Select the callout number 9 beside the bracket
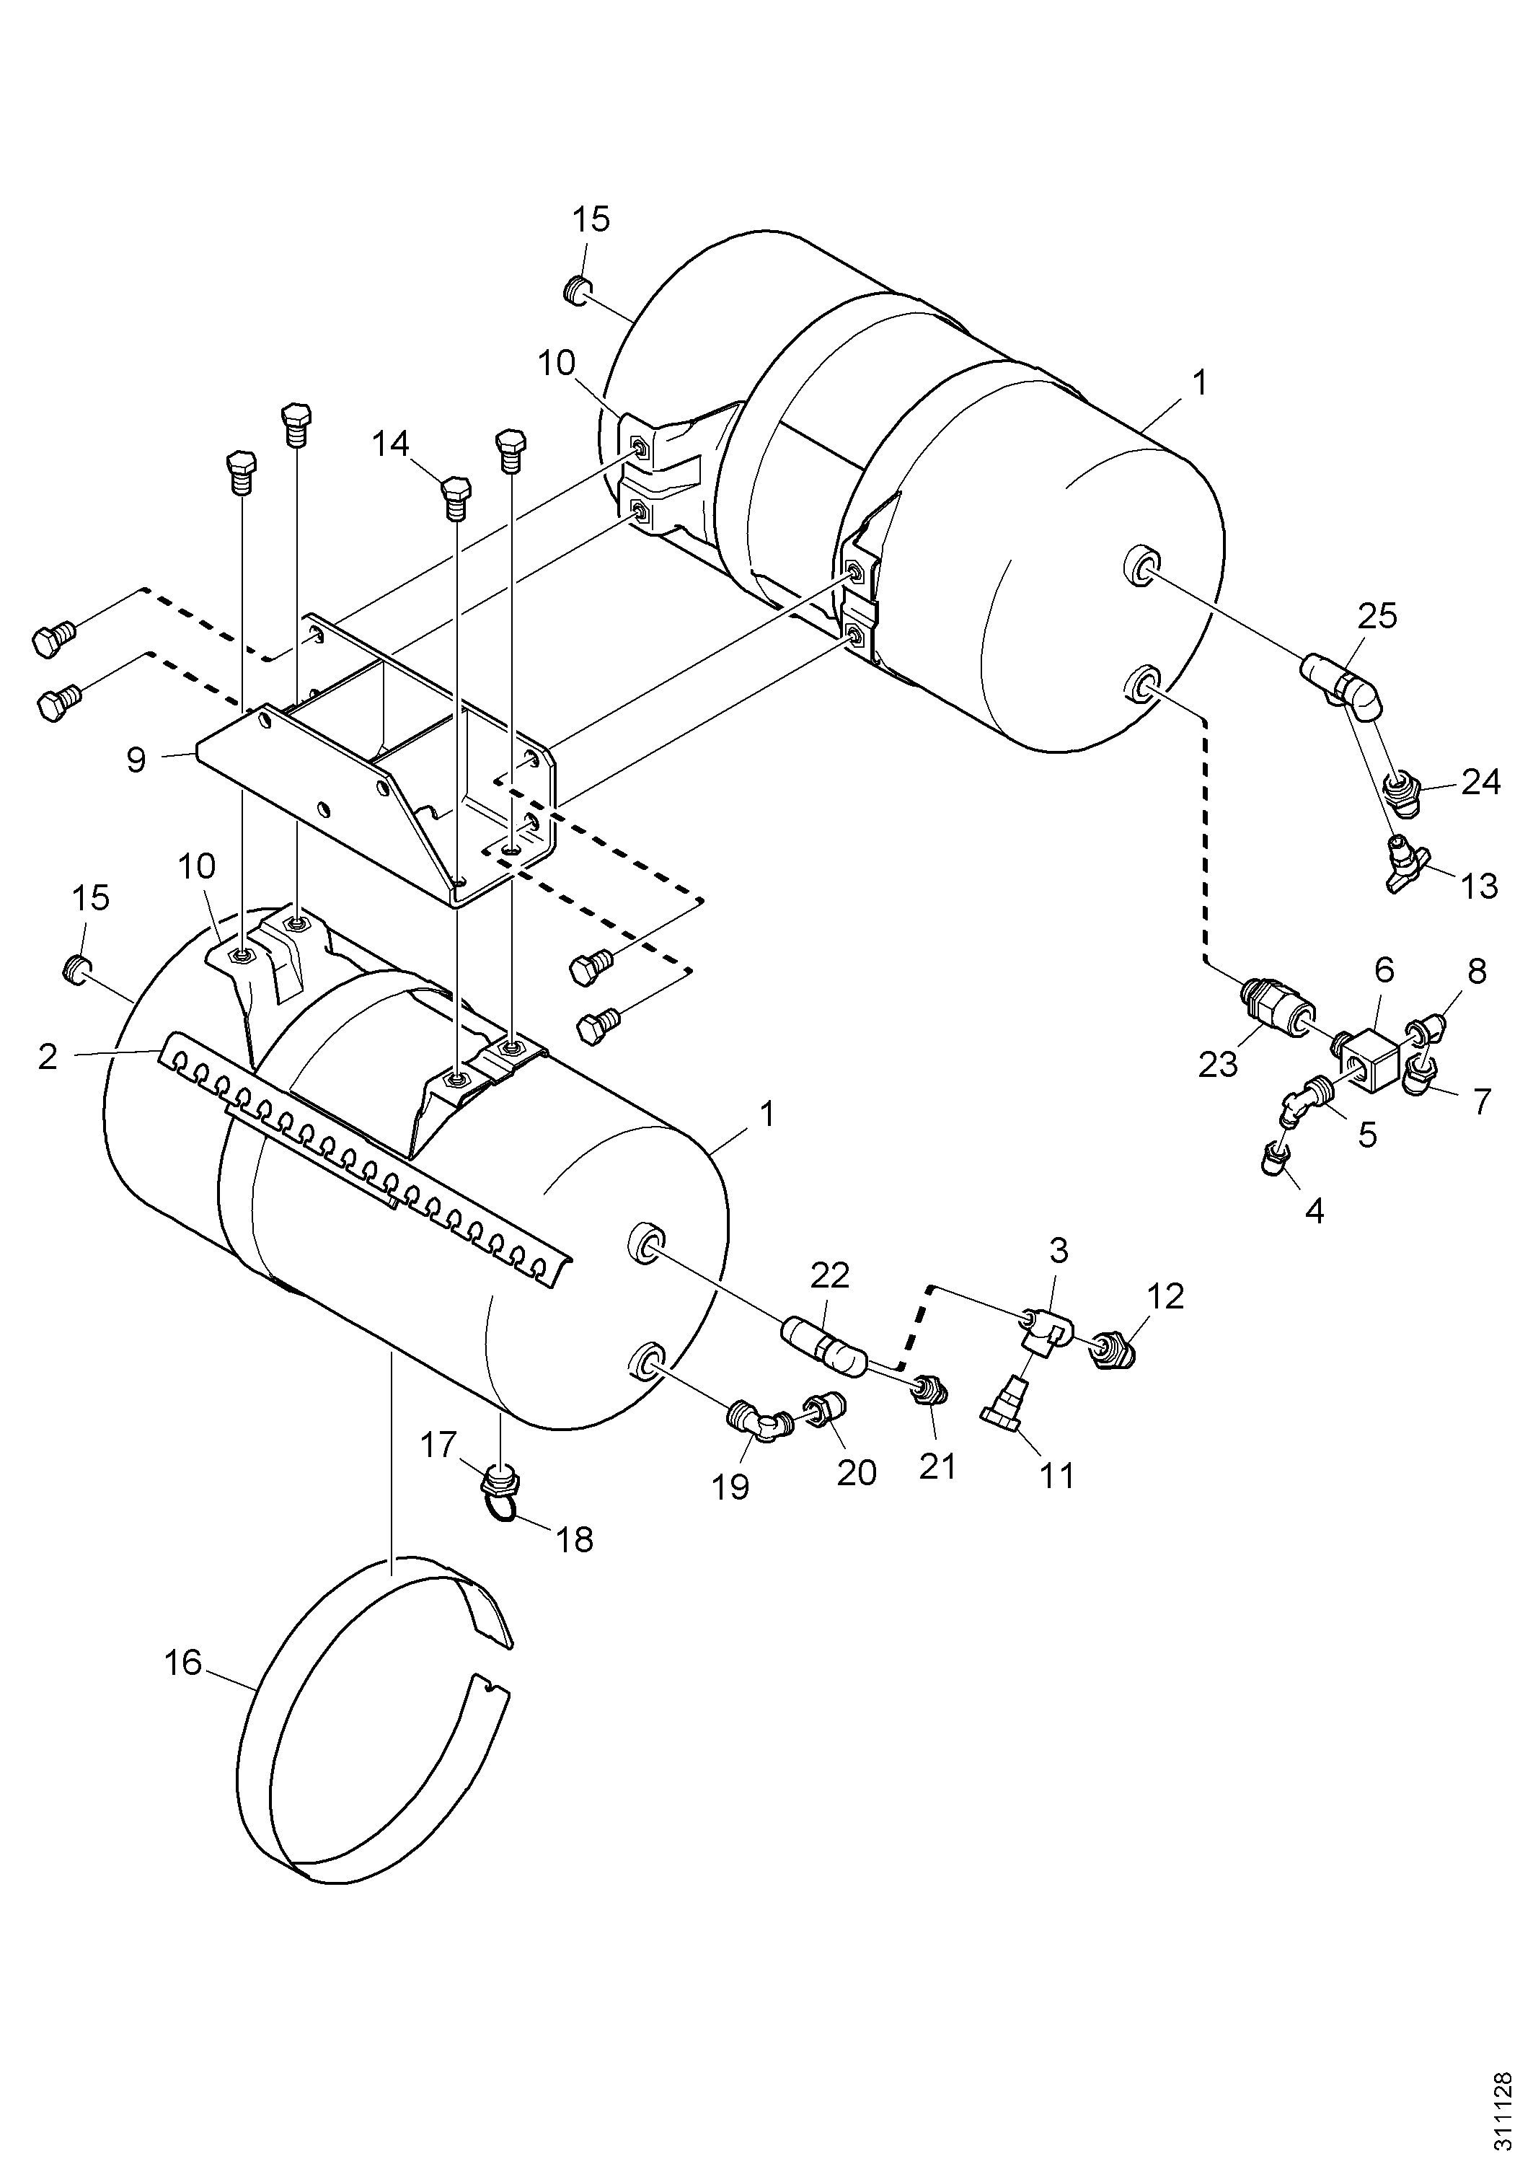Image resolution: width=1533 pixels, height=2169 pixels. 136,760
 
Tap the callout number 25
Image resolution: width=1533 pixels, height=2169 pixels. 1377,616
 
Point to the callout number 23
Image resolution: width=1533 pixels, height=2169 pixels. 1216,1065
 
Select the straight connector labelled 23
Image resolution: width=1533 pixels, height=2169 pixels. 1271,1006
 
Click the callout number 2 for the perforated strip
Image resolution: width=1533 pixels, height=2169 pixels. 48,1056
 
